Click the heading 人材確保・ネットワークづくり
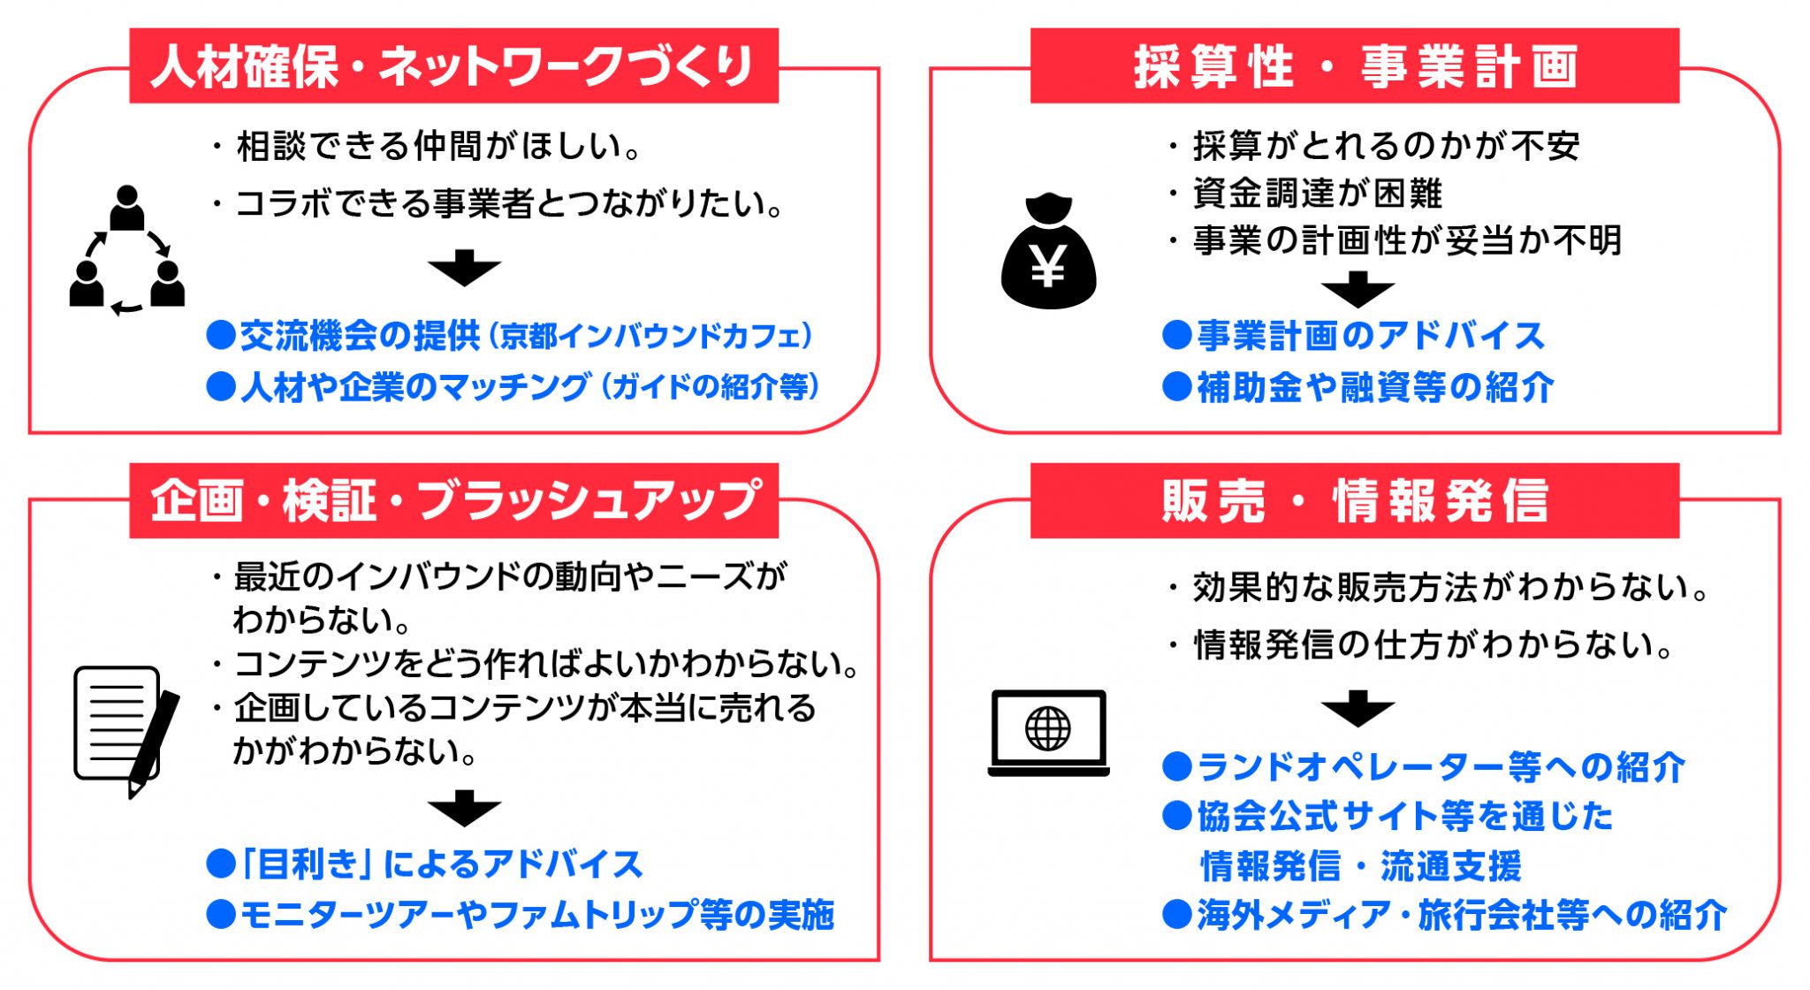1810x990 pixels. pyautogui.click(x=452, y=67)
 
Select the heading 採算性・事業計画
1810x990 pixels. pyautogui.click(x=1356, y=67)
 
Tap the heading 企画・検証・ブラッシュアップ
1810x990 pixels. pyautogui.click(x=454, y=501)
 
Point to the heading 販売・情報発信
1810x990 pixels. pyautogui.click(x=1355, y=501)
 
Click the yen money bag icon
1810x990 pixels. pyautogui.click(x=1048, y=250)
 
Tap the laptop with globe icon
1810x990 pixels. pyautogui.click(x=1048, y=733)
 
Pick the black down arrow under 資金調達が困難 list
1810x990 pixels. pyautogui.click(x=1357, y=289)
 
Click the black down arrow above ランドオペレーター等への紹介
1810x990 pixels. pyautogui.click(x=1357, y=709)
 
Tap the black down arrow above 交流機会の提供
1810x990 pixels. pyautogui.click(x=464, y=268)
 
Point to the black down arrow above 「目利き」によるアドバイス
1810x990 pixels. pyautogui.click(x=464, y=808)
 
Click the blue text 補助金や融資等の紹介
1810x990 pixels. pyautogui.click(x=1375, y=387)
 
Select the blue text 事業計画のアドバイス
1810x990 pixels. pyautogui.click(x=1371, y=336)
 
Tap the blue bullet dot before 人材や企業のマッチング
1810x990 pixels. pyautogui.click(x=221, y=387)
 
